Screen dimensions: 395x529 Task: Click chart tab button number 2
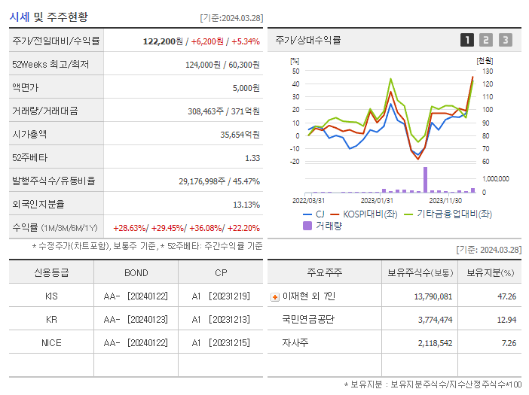(x=486, y=40)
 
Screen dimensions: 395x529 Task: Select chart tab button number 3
(x=505, y=40)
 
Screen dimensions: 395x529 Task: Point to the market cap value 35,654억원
(x=240, y=135)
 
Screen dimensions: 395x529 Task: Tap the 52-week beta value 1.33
(x=252, y=158)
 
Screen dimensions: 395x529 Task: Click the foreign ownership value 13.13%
(x=246, y=205)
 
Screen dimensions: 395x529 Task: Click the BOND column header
(x=136, y=272)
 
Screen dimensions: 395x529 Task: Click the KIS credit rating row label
(x=51, y=296)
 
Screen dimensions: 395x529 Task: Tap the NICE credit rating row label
(x=51, y=343)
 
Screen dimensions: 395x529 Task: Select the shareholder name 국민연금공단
(x=307, y=320)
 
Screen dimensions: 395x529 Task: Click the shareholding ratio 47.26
(x=507, y=296)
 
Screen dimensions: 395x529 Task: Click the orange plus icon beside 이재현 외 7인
(x=274, y=296)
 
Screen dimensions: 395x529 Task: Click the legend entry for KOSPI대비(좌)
(x=369, y=214)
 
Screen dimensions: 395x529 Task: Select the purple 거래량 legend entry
(x=324, y=225)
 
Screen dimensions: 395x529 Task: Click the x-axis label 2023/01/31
(x=377, y=200)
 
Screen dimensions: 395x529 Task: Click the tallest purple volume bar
(x=425, y=179)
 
